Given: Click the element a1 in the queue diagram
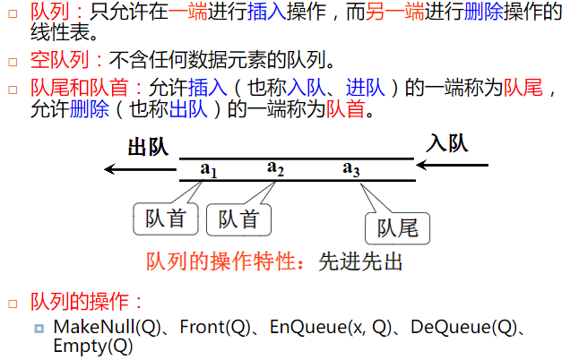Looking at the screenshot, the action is click(209, 168).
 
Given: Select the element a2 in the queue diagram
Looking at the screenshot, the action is click(275, 167).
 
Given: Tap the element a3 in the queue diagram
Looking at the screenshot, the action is click(351, 168).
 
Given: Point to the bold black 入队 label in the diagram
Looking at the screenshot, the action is click(447, 143).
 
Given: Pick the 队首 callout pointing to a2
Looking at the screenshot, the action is click(238, 219).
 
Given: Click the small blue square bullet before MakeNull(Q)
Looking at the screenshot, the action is click(39, 329).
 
